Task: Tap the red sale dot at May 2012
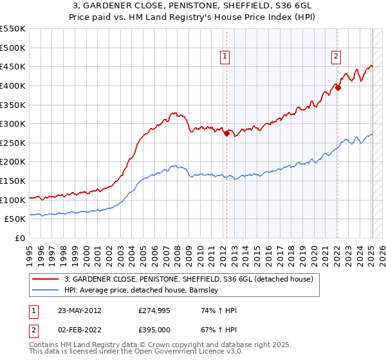(226, 134)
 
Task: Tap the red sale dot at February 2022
(338, 88)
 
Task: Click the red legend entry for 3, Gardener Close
(188, 279)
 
